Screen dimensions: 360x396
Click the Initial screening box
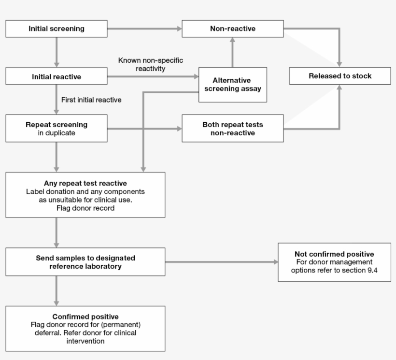(x=57, y=29)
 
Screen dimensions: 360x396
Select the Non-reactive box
(x=232, y=29)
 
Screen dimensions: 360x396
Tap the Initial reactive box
(x=57, y=76)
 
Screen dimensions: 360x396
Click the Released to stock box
(x=340, y=76)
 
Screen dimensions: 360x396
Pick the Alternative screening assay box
(x=232, y=85)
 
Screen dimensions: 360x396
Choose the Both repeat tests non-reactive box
(x=232, y=129)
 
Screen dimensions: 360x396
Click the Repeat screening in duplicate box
(x=57, y=129)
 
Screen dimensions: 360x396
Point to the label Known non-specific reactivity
(x=151, y=65)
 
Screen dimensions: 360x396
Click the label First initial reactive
(x=91, y=100)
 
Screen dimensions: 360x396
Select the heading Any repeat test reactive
(x=85, y=183)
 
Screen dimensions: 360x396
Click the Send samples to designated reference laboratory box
(x=85, y=262)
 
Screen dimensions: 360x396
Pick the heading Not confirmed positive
(x=334, y=254)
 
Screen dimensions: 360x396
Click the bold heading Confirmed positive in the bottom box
(x=85, y=317)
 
